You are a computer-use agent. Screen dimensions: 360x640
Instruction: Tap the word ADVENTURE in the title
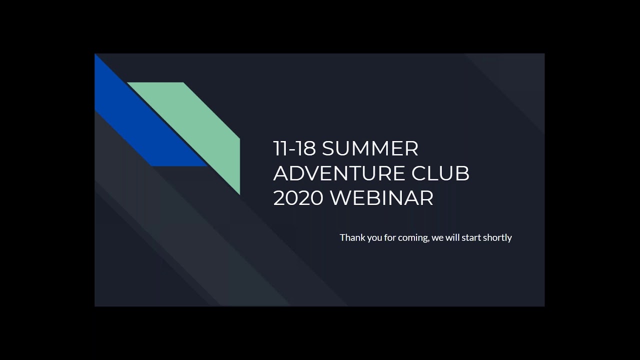[x=339, y=173]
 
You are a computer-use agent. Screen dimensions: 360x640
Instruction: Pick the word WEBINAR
[x=381, y=198]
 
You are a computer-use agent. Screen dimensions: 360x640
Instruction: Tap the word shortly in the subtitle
[x=497, y=238]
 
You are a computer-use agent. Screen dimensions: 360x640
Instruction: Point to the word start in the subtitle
[x=472, y=237]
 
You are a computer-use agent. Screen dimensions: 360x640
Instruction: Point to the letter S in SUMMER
[x=329, y=148]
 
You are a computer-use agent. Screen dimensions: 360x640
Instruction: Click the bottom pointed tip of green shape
[x=239, y=193]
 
